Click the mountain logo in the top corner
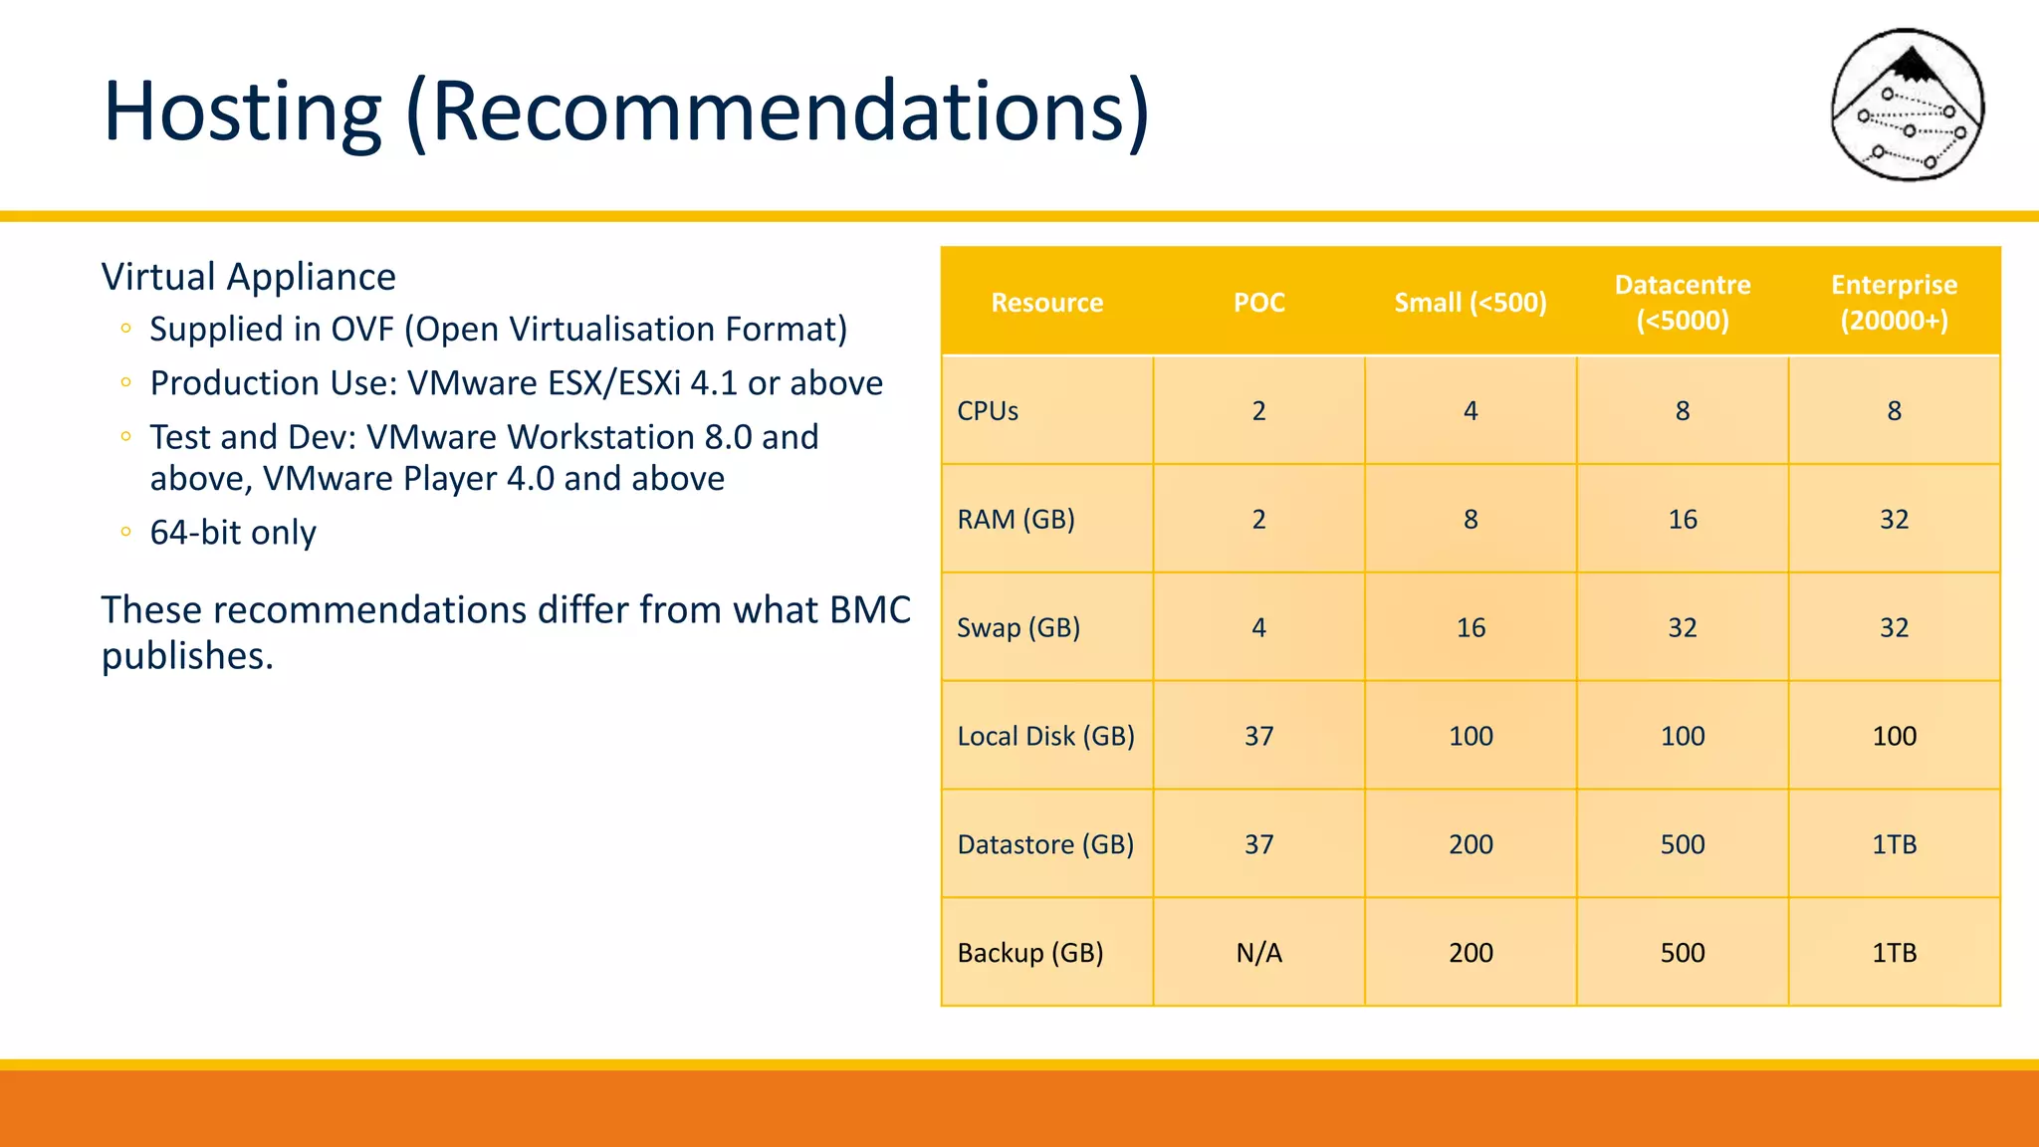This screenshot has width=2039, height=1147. [x=1908, y=105]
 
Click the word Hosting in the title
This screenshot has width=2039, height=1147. [x=242, y=112]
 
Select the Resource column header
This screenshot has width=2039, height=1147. [x=1046, y=303]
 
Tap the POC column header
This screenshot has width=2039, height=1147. [x=1258, y=303]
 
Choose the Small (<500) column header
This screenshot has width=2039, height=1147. [x=1470, y=303]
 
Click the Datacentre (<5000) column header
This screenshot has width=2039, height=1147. [x=1682, y=303]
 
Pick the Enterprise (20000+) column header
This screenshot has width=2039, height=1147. [x=1894, y=303]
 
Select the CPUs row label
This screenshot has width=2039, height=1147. [x=988, y=411]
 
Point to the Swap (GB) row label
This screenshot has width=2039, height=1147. [x=1018, y=628]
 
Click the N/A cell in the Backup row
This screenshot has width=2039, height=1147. [x=1258, y=953]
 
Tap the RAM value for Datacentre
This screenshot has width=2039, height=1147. [x=1682, y=520]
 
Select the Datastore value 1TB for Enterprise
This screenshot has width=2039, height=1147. [x=1894, y=844]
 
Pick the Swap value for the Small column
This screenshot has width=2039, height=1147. [x=1471, y=628]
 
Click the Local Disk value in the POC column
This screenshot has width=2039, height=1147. [x=1258, y=737]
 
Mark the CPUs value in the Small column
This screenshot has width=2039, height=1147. [x=1471, y=411]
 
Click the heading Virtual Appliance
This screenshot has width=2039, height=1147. [x=249, y=277]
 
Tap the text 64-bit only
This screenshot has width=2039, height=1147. [x=233, y=533]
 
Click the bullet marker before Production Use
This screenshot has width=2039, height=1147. [x=125, y=382]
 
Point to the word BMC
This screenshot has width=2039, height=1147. [x=870, y=609]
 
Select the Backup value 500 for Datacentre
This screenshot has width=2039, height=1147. [x=1682, y=953]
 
